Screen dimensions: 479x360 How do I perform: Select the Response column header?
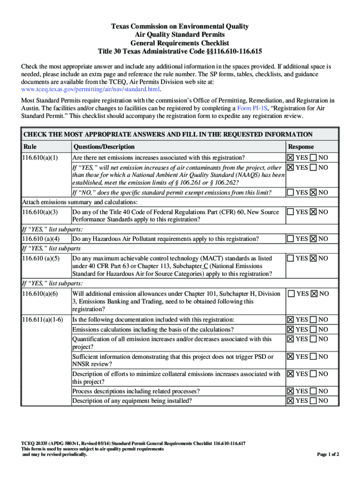pyautogui.click(x=301, y=147)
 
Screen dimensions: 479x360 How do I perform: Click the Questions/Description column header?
pyautogui.click(x=104, y=147)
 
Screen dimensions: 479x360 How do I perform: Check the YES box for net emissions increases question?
pyautogui.click(x=290, y=157)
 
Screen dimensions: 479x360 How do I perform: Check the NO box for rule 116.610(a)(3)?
pyautogui.click(x=313, y=212)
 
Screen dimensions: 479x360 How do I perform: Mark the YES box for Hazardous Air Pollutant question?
pyautogui.click(x=290, y=239)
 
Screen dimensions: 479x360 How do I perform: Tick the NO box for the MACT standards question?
pyautogui.click(x=313, y=258)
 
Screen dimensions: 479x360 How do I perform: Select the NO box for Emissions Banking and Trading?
pyautogui.click(x=313, y=293)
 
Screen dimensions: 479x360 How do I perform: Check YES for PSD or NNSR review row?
pyautogui.click(x=290, y=356)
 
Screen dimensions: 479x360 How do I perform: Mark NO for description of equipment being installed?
pyautogui.click(x=313, y=400)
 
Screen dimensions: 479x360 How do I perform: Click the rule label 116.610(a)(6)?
pyautogui.click(x=40, y=293)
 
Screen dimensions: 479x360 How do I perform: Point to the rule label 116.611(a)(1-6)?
pyautogui.click(x=43, y=319)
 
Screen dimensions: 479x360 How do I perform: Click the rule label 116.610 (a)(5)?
pyautogui.click(x=41, y=258)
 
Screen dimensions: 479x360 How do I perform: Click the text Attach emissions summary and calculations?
pyautogui.click(x=80, y=202)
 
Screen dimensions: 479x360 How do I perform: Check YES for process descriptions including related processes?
pyautogui.click(x=290, y=391)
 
